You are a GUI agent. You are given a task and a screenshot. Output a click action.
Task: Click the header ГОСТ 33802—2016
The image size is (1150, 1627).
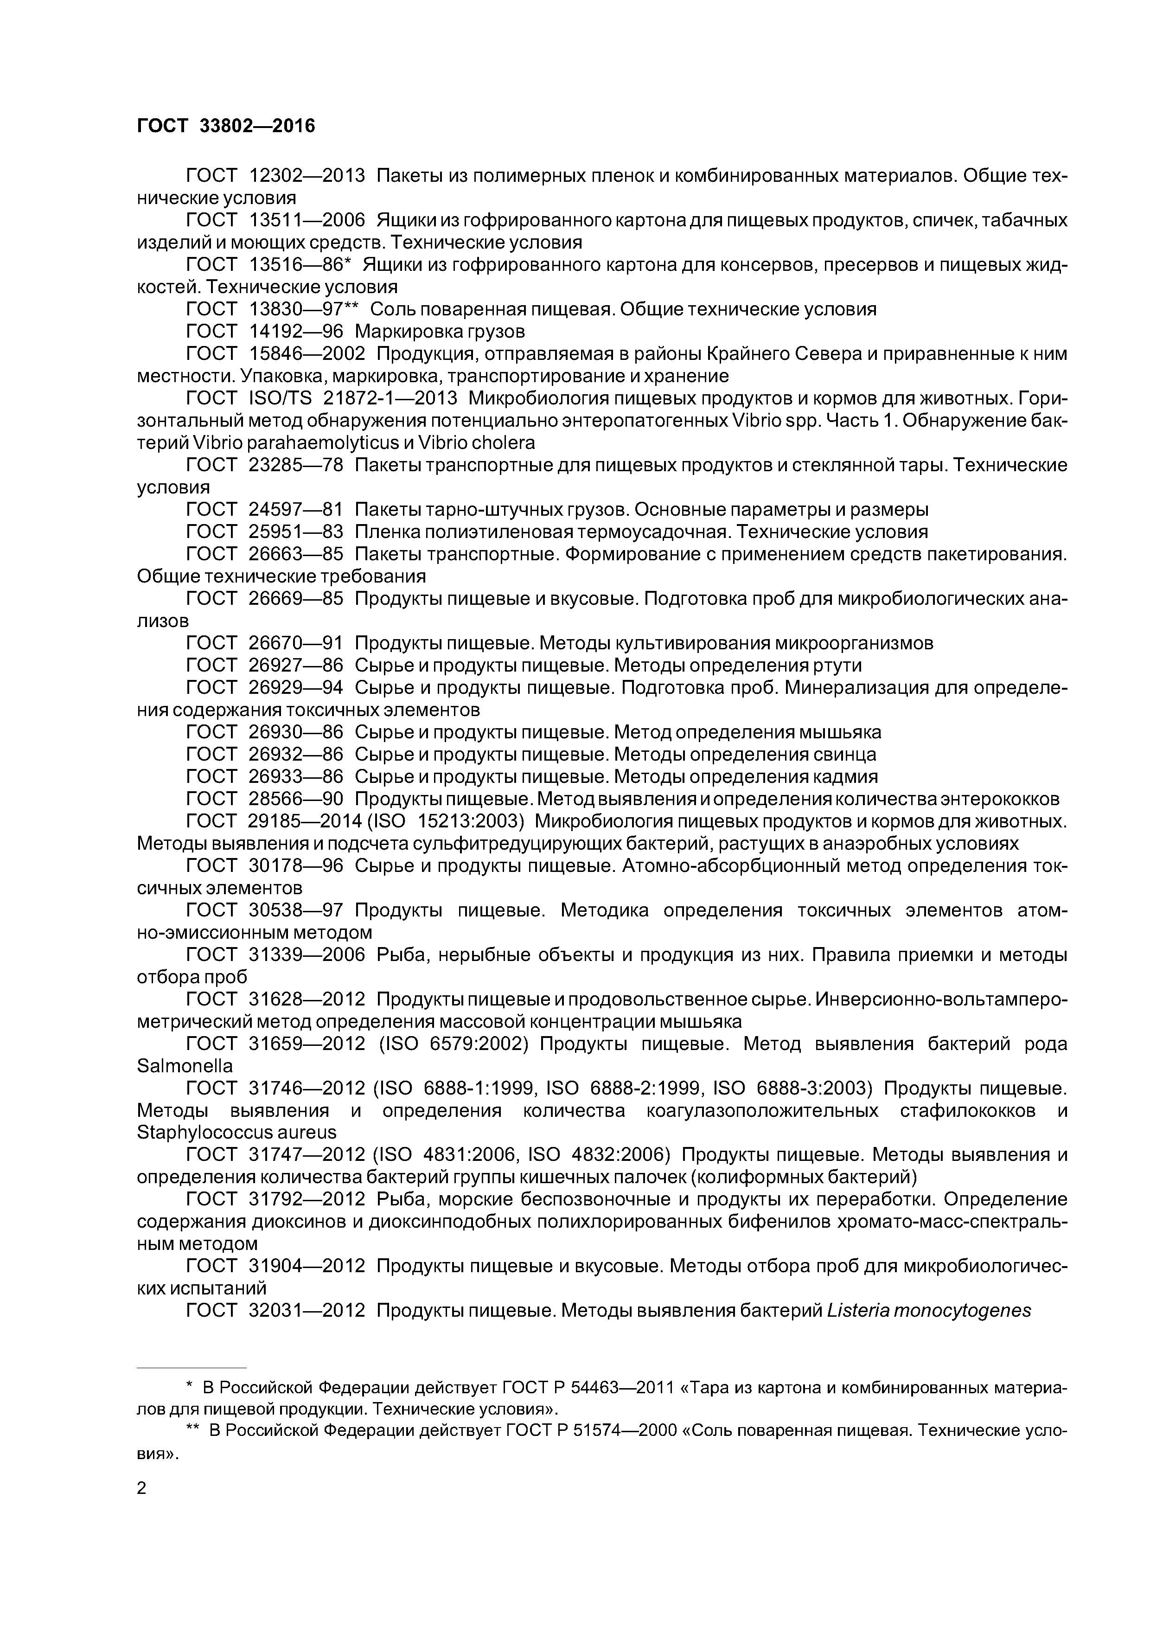[225, 125]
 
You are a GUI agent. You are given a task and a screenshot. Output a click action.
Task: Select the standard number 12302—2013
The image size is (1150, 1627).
[307, 175]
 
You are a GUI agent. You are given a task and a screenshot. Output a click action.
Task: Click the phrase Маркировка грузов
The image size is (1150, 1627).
[439, 331]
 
